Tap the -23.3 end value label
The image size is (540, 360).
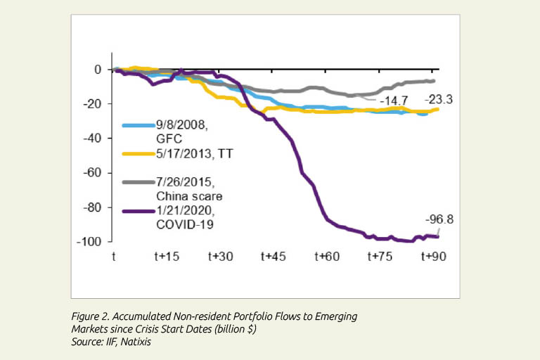click(x=441, y=100)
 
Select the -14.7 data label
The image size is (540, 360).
click(x=395, y=102)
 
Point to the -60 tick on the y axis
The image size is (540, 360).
click(x=94, y=173)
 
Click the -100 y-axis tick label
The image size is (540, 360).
click(x=91, y=242)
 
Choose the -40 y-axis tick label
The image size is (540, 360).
click(x=94, y=139)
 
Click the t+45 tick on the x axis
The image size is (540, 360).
click(x=273, y=257)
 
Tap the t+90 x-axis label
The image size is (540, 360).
click(x=434, y=257)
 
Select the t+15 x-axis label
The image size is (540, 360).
click(x=166, y=257)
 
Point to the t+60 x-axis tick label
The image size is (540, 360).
click(x=327, y=257)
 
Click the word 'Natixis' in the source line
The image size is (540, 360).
click(x=139, y=341)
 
